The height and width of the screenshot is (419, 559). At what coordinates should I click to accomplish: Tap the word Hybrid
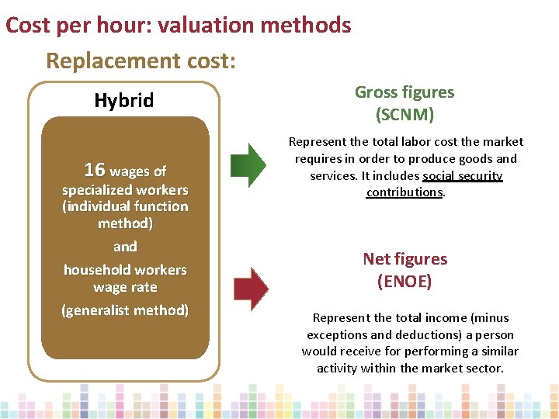(124, 100)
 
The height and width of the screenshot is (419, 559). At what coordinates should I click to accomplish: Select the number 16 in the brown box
(94, 170)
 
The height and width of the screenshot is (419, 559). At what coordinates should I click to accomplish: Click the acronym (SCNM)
(404, 115)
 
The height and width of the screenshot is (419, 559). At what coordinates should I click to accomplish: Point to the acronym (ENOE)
(404, 281)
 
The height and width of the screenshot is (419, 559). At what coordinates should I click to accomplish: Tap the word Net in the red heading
(378, 259)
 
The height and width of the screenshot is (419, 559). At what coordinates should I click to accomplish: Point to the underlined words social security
(463, 176)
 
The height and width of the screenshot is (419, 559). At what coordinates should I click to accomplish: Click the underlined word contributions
(404, 192)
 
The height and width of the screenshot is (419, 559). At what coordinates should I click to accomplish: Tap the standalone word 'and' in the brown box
(125, 247)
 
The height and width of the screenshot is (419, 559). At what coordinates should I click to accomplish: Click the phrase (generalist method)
(125, 310)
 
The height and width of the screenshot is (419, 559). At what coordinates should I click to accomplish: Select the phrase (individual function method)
(125, 215)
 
